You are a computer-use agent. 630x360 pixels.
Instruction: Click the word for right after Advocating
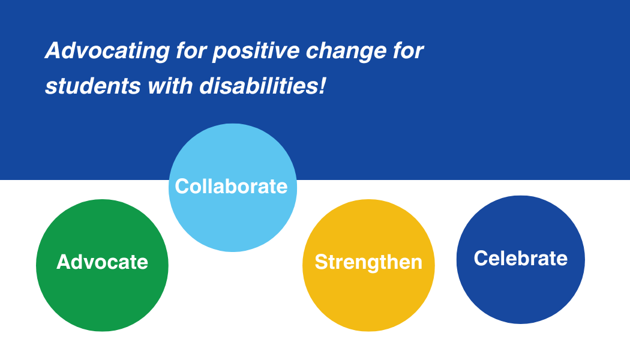coord(191,50)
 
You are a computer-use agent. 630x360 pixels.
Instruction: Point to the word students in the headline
coord(93,86)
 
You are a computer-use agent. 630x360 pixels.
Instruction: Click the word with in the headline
coord(170,86)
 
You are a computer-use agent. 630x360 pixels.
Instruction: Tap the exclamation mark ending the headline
coord(323,86)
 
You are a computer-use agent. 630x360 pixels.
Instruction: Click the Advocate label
coord(103,262)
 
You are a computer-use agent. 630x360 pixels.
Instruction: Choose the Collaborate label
coord(232,187)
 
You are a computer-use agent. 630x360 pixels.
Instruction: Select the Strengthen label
coord(368,262)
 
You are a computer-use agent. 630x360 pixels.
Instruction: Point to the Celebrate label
coord(521,258)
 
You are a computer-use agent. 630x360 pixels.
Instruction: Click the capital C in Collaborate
coord(182,187)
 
